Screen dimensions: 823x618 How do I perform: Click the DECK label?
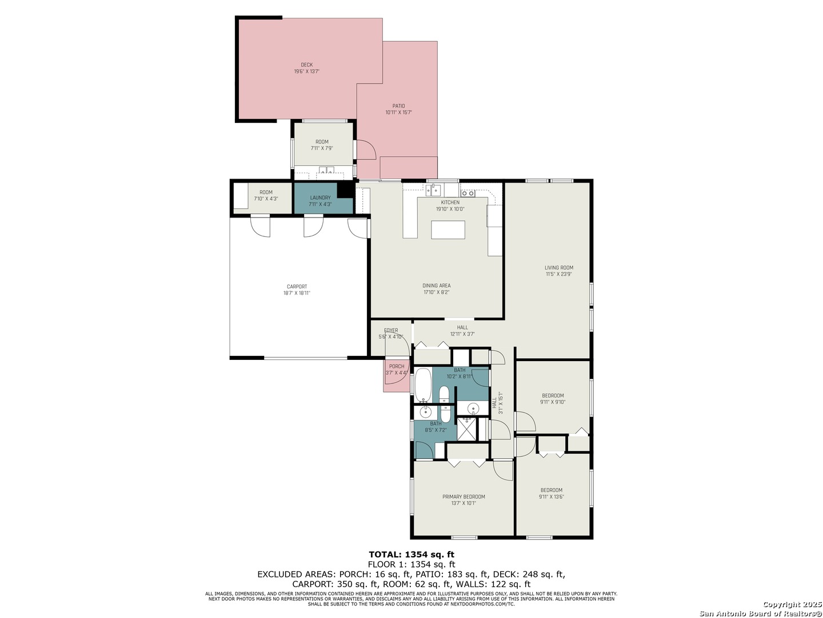coord(306,65)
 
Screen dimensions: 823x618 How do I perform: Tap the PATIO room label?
coord(398,106)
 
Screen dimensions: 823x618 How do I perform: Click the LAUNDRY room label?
coord(320,197)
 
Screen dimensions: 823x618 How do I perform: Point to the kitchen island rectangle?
coord(448,229)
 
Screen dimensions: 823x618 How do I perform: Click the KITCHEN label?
coord(450,202)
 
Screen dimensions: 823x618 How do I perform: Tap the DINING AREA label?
coord(436,285)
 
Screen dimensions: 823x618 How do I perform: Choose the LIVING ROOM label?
coord(558,268)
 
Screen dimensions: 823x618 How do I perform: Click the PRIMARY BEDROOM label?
coord(463,497)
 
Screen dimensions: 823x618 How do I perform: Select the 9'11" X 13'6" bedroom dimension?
coord(551,497)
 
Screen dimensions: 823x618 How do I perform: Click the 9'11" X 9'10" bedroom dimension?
coord(552,402)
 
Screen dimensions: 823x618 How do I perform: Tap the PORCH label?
coord(396,366)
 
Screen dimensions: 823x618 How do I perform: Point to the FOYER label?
coord(390,331)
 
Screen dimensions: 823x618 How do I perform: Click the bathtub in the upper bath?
coord(424,385)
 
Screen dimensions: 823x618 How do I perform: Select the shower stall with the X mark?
coord(468,429)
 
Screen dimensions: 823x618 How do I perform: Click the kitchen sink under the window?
coord(434,190)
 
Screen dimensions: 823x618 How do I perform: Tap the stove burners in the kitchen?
coord(468,193)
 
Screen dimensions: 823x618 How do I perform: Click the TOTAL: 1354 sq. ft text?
coord(411,554)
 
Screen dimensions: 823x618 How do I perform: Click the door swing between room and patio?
coord(366,149)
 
